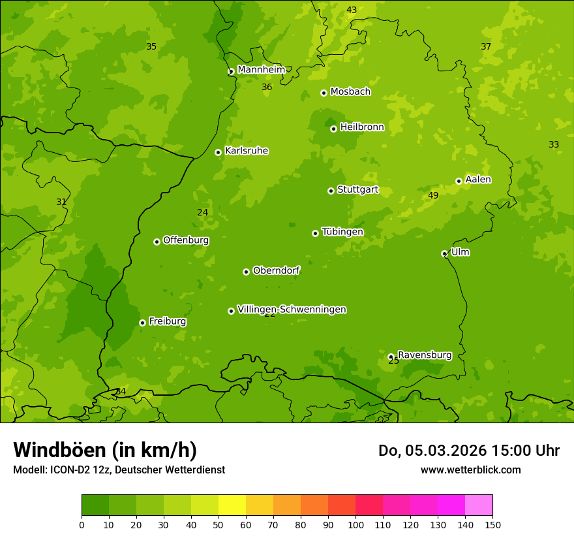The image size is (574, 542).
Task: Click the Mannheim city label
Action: [261, 70]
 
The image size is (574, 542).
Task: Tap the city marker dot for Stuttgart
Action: [331, 191]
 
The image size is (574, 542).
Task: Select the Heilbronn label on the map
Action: [362, 127]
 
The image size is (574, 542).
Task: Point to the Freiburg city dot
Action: [142, 323]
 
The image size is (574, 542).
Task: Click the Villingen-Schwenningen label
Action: [292, 310]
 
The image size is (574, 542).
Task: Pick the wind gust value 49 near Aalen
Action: [433, 196]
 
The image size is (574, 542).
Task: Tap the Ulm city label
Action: [460, 252]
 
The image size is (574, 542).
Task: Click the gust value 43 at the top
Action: [352, 10]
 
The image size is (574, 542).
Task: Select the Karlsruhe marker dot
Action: [218, 152]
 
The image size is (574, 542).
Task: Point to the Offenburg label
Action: [186, 240]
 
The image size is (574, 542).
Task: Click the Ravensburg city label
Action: [425, 355]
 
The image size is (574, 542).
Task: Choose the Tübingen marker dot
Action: [315, 233]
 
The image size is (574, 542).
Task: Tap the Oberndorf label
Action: [277, 270]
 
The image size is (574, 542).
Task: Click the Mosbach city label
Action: [350, 92]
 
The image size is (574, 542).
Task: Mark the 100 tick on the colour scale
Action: [355, 524]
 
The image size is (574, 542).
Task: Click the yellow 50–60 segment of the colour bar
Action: [232, 505]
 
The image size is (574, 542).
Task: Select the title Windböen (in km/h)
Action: [105, 450]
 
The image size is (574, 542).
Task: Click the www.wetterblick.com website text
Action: [470, 470]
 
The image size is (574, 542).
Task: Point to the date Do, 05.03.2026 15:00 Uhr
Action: [468, 451]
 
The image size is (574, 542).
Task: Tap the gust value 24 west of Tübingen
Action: [203, 213]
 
